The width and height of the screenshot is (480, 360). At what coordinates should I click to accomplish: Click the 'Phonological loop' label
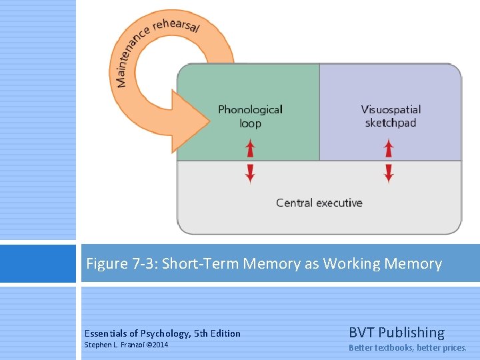pos(250,116)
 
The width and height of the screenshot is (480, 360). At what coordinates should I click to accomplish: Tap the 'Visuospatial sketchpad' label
pos(391,116)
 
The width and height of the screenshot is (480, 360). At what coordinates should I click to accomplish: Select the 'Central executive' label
pos(319,203)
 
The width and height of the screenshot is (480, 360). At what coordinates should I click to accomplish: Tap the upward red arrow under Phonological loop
pos(250,147)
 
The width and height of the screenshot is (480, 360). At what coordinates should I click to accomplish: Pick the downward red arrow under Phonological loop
pos(250,174)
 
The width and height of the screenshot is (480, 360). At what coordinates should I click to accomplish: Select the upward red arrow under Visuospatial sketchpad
pos(389,147)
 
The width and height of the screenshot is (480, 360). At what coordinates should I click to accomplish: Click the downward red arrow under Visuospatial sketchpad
pos(389,174)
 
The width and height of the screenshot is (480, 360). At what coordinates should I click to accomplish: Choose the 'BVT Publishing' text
pos(397,332)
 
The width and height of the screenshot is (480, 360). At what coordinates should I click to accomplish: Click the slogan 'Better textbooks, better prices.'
pos(408,348)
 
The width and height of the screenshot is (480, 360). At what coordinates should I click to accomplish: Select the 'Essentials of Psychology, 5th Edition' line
pos(163,333)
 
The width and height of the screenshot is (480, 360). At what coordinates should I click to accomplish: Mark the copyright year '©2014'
pos(157,345)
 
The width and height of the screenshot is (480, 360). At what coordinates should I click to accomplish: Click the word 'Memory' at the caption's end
pos(417,264)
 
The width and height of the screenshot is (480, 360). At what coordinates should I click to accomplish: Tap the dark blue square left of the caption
pos(38,263)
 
